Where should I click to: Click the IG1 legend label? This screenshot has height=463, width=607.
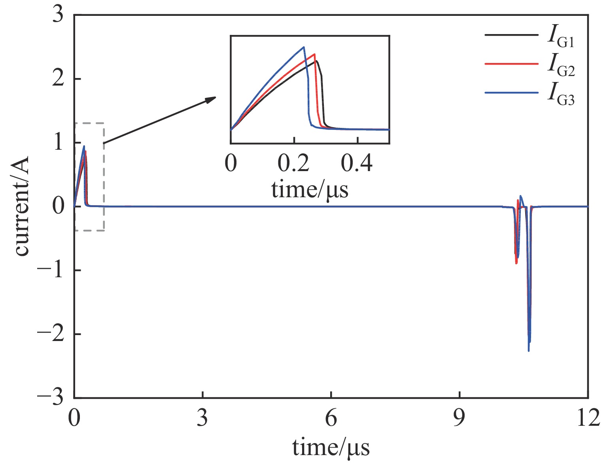pyautogui.click(x=561, y=36)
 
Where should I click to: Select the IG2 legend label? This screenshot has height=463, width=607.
pyautogui.click(x=561, y=66)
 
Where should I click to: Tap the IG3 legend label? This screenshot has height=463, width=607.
pyautogui.click(x=561, y=95)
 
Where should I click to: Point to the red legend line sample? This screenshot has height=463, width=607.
pyautogui.click(x=511, y=64)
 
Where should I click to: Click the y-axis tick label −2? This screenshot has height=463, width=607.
pyautogui.click(x=50, y=334)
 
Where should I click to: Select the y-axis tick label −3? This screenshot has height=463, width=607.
pyautogui.click(x=50, y=397)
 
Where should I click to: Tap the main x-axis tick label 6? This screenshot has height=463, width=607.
pyautogui.click(x=331, y=418)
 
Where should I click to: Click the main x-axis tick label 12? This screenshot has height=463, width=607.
pyautogui.click(x=588, y=418)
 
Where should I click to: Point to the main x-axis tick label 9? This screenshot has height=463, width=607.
pyautogui.click(x=459, y=418)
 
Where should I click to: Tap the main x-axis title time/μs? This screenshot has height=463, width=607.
pyautogui.click(x=331, y=448)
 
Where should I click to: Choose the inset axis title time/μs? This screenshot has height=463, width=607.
pyautogui.click(x=310, y=189)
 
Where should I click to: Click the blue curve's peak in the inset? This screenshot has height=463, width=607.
pyautogui.click(x=303, y=47)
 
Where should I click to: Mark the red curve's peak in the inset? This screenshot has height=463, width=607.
pyautogui.click(x=314, y=54)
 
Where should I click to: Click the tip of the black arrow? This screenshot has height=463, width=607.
pyautogui.click(x=216, y=97)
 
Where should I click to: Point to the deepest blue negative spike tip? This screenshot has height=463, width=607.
pyautogui.click(x=529, y=351)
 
